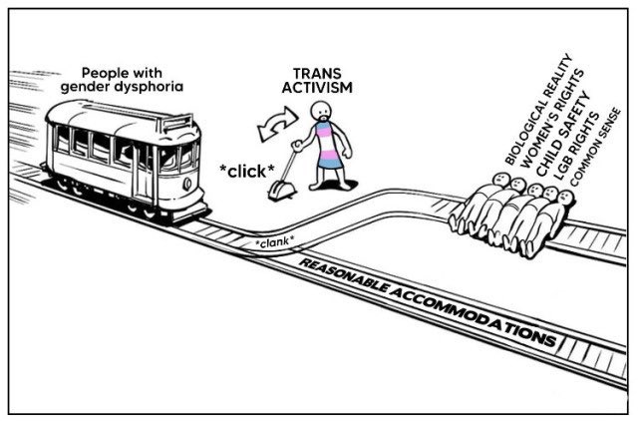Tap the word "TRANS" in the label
311,74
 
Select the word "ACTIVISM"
317,88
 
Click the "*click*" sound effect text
247,172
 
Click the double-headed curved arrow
277,124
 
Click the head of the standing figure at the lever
321,113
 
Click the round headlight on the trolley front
187,184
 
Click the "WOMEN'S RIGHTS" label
552,119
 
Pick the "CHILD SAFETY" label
563,135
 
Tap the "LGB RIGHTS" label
577,147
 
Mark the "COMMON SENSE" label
595,148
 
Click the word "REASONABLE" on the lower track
345,276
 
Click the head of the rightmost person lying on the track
566,198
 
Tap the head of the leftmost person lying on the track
500,179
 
